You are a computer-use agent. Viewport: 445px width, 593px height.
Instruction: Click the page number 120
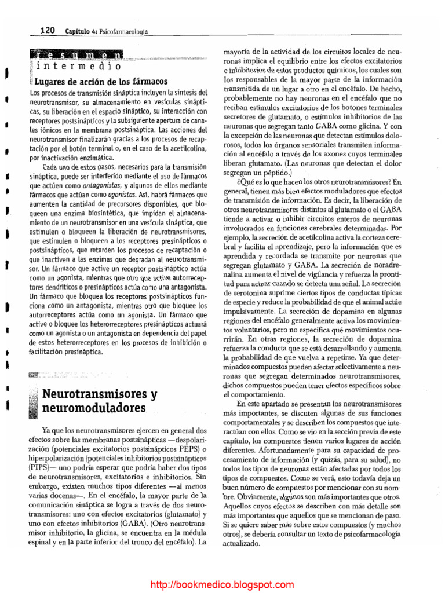coord(47,30)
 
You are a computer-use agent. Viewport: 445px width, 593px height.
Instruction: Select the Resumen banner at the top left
coord(76,56)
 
